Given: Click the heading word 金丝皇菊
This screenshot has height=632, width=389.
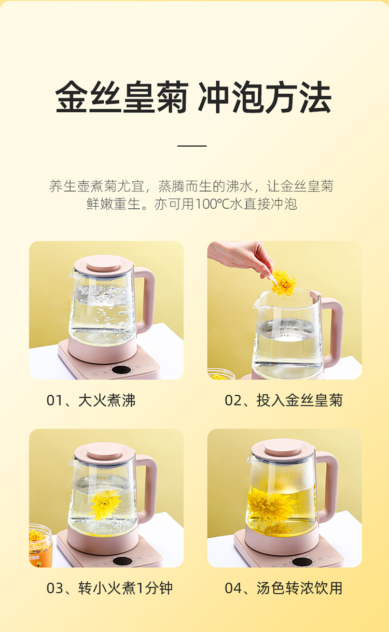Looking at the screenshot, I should pyautogui.click(x=121, y=97).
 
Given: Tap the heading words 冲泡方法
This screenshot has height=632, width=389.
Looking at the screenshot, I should pyautogui.click(x=265, y=97).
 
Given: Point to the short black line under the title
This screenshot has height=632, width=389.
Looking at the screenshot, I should pyautogui.click(x=192, y=146).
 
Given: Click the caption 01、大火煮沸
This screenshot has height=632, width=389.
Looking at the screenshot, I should pyautogui.click(x=91, y=400).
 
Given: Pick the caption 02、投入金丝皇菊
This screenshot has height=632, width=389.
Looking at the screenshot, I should pyautogui.click(x=284, y=400).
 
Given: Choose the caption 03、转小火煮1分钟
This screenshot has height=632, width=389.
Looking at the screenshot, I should pyautogui.click(x=109, y=588).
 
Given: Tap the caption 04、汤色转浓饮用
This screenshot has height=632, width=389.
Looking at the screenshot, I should pyautogui.click(x=284, y=588).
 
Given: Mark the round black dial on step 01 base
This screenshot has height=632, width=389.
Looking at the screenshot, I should pyautogui.click(x=121, y=370).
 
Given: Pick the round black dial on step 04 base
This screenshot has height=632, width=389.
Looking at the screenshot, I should pyautogui.click(x=302, y=561).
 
